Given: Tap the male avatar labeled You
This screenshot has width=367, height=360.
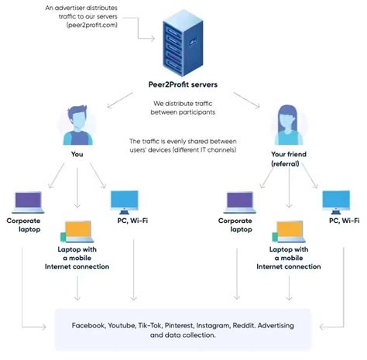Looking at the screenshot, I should pyautogui.click(x=76, y=123).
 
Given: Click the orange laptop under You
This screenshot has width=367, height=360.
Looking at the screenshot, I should pyautogui.click(x=77, y=230).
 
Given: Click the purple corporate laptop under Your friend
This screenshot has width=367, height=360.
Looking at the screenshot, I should pyautogui.click(x=240, y=202).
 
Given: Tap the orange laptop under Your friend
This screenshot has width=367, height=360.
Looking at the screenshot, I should pyautogui.click(x=289, y=230).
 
